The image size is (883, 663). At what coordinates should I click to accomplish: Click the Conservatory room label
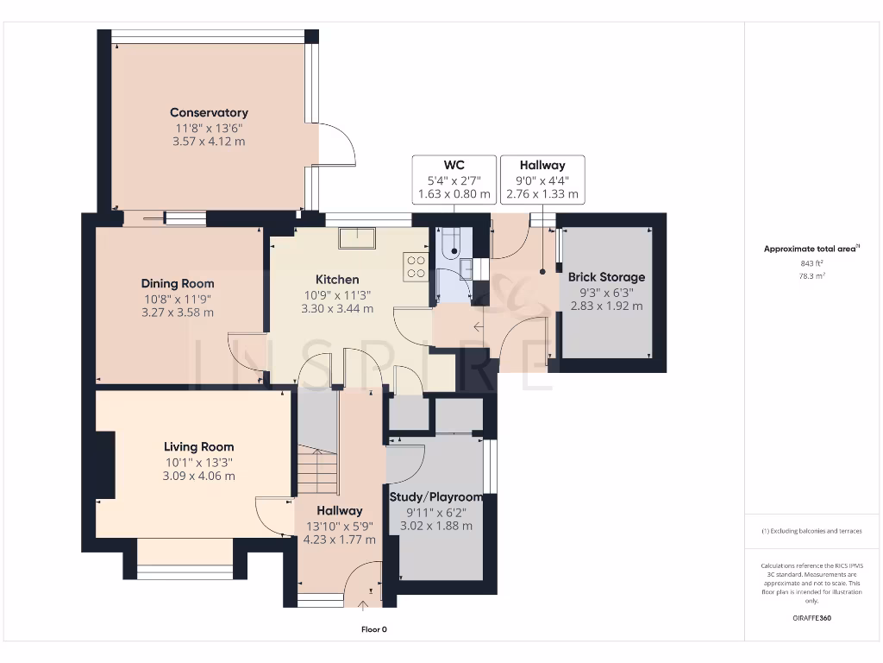coord(209,112)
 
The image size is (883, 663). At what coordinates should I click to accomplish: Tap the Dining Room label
coord(178,283)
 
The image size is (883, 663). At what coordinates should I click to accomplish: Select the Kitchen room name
coord(337,280)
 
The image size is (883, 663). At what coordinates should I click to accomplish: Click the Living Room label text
coord(199,447)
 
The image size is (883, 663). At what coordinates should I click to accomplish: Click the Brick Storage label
coord(606,277)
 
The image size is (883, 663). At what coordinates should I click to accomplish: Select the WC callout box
coord(454,180)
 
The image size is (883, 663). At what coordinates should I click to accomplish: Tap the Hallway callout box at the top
coord(542,180)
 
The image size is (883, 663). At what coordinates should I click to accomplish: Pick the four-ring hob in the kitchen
coord(416,266)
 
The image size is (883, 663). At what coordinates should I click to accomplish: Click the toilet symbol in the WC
coord(453,249)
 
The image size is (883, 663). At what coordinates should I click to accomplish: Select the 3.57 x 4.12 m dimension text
coord(209,141)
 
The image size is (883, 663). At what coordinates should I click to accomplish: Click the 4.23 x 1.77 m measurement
coord(339,540)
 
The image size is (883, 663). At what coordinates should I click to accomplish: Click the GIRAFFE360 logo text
coord(812,618)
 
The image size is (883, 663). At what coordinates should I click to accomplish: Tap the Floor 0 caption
coord(373,629)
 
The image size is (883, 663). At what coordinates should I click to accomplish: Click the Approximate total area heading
coord(811,249)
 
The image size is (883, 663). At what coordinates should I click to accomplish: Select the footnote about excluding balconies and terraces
coord(811,531)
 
